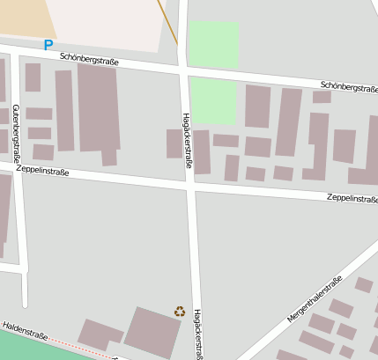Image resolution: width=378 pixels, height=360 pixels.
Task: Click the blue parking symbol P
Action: [x=48, y=44]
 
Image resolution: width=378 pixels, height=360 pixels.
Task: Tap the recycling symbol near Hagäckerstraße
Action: [x=180, y=311]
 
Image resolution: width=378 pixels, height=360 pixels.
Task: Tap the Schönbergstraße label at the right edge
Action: [x=349, y=86]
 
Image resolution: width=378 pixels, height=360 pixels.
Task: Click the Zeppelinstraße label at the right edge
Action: [x=352, y=199]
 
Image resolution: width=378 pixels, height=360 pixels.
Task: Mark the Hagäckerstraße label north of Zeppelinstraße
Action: [x=187, y=141]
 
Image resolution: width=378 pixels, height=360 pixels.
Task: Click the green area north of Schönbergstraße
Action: [x=214, y=42]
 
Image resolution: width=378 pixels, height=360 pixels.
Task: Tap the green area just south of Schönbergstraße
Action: [x=213, y=100]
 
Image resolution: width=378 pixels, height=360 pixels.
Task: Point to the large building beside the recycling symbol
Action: [x=152, y=332]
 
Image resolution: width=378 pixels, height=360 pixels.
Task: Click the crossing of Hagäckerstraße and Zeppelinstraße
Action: [x=191, y=187]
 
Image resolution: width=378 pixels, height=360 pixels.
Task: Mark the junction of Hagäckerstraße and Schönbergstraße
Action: [x=182, y=70]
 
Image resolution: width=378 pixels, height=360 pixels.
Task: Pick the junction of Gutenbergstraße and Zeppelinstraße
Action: [x=18, y=165]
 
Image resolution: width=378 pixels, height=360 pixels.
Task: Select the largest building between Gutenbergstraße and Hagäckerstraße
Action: [x=99, y=107]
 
